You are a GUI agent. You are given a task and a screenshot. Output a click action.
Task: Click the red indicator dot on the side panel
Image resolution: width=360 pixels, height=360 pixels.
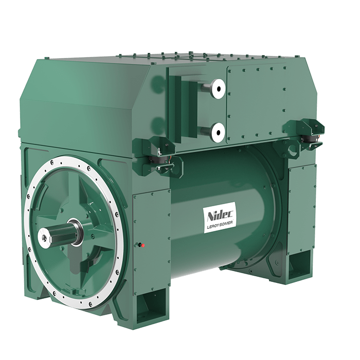(143, 245)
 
